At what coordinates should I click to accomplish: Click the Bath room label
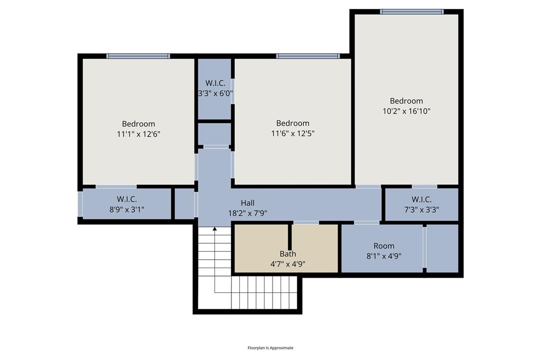pyautogui.click(x=288, y=254)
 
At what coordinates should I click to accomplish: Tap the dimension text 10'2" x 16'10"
pyautogui.click(x=407, y=111)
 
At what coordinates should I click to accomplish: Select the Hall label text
pyautogui.click(x=248, y=203)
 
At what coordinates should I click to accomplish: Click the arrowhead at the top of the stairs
pyautogui.click(x=214, y=229)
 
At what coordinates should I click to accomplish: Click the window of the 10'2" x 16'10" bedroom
pyautogui.click(x=412, y=11)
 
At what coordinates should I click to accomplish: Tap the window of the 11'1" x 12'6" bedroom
pyautogui.click(x=138, y=56)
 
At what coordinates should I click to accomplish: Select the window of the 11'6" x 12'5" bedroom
pyautogui.click(x=307, y=56)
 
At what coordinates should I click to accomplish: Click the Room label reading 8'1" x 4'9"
pyautogui.click(x=384, y=246)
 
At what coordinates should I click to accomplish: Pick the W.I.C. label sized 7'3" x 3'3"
pyautogui.click(x=422, y=200)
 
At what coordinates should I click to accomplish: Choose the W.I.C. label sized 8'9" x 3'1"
pyautogui.click(x=127, y=199)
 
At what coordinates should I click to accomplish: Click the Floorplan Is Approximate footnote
pyautogui.click(x=270, y=348)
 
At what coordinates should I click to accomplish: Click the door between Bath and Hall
pyautogui.click(x=306, y=223)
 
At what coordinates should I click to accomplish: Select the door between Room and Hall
pyautogui.click(x=367, y=223)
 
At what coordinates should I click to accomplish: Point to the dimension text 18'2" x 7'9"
pyautogui.click(x=248, y=213)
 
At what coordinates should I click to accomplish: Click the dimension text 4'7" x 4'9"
pyautogui.click(x=288, y=264)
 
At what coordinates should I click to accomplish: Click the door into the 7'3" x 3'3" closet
pyautogui.click(x=424, y=186)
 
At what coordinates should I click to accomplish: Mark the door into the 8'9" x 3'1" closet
pyautogui.click(x=116, y=186)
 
